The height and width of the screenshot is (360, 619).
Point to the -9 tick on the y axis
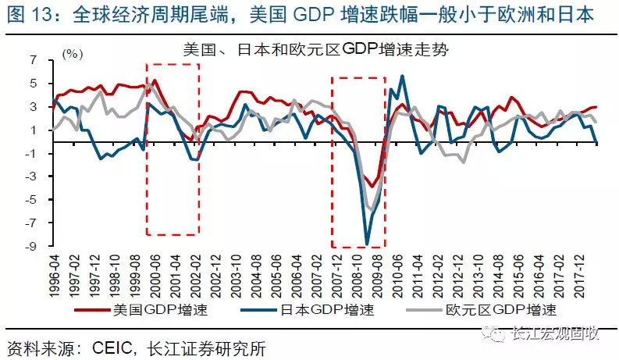pyautogui.click(x=34, y=248)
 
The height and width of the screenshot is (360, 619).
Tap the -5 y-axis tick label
pyautogui.click(x=34, y=201)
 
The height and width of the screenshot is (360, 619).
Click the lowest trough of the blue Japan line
pyautogui.click(x=367, y=245)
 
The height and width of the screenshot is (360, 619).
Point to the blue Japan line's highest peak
pyautogui.click(x=402, y=76)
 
